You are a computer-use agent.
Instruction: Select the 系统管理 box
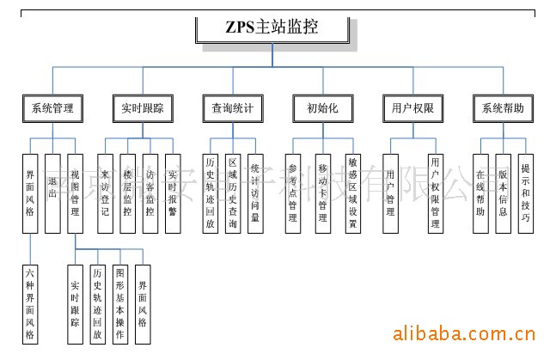click(x=52, y=108)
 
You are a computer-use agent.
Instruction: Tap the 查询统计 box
click(x=232, y=108)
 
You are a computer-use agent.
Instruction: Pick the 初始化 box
click(x=322, y=108)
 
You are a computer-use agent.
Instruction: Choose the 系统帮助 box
click(x=502, y=108)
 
